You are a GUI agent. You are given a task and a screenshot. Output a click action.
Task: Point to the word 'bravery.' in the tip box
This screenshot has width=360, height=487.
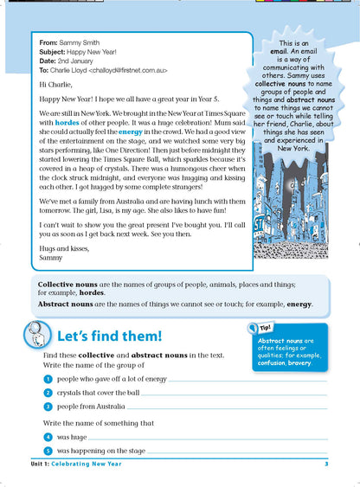tap(311, 363)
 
